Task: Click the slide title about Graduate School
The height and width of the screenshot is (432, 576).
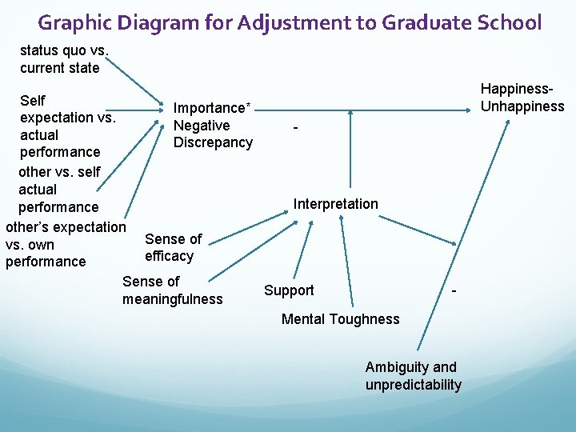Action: (290, 22)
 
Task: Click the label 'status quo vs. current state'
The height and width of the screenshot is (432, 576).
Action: (60, 59)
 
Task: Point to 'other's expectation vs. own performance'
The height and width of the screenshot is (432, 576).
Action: (64, 244)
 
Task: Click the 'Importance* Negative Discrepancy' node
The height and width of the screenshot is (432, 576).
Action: (213, 126)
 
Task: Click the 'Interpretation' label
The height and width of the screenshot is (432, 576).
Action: (335, 204)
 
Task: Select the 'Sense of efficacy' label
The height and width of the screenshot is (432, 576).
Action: (173, 247)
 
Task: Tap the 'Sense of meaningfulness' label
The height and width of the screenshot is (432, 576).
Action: (172, 290)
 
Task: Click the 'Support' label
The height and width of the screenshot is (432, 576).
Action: (289, 290)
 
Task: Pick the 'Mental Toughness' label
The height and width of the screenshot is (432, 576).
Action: (340, 319)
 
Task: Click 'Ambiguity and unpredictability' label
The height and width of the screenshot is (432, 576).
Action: (413, 376)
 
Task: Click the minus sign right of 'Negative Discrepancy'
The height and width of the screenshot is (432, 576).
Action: (295, 128)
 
